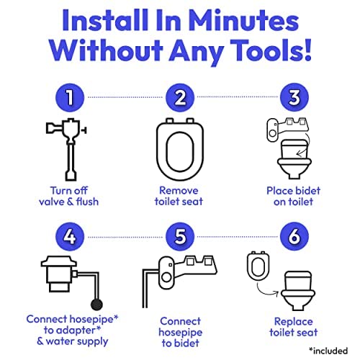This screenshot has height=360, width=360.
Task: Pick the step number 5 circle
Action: (181, 236)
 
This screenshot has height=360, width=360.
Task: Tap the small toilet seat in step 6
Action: (257, 266)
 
